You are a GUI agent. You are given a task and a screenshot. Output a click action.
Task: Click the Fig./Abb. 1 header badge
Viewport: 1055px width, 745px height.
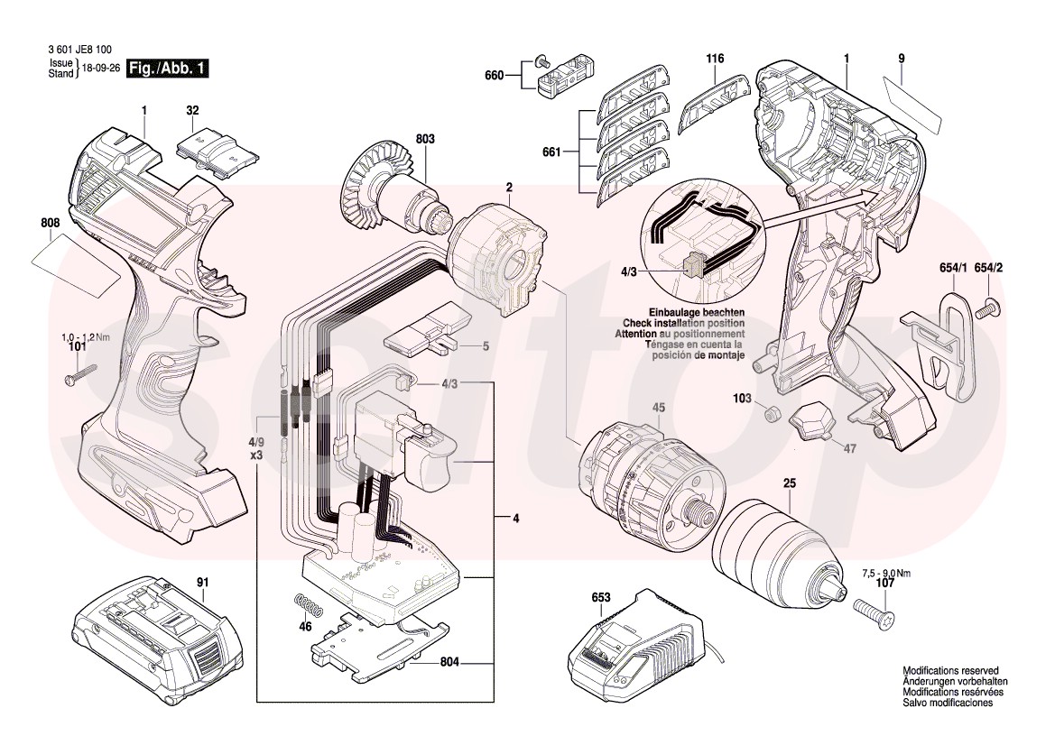(168, 69)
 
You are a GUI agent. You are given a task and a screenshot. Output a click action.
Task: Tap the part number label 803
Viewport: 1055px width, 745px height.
(425, 139)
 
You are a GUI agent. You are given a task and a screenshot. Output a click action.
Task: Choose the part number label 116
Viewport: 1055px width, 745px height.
(715, 59)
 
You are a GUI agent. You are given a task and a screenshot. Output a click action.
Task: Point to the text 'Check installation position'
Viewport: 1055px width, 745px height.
(683, 323)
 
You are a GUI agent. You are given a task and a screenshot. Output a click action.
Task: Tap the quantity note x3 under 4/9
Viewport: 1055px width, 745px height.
(257, 455)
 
